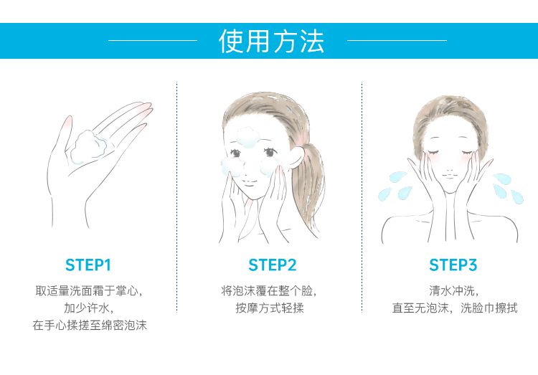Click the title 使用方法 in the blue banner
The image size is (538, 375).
pyautogui.click(x=271, y=41)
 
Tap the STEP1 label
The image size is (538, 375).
pyautogui.click(x=88, y=265)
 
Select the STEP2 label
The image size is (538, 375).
pyautogui.click(x=272, y=265)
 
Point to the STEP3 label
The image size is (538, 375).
pyautogui.click(x=453, y=265)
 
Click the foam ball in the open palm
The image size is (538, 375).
pyautogui.click(x=89, y=146)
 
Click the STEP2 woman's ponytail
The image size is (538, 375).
pyautogui.click(x=311, y=185)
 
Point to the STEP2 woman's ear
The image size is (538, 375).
pyautogui.click(x=297, y=157)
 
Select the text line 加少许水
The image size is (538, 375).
pyautogui.click(x=88, y=308)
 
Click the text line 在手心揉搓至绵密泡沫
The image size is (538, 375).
pyautogui.click(x=90, y=325)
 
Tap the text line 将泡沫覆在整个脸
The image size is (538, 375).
pyautogui.click(x=269, y=290)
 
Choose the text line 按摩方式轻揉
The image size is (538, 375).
pyautogui.click(x=270, y=308)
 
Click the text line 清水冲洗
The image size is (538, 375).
pyautogui.click(x=453, y=290)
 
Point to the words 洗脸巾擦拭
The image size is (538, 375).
pyautogui.click(x=489, y=308)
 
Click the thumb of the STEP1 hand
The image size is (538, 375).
pyautogui.click(x=66, y=132)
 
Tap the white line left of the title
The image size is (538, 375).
pyautogui.click(x=153, y=40)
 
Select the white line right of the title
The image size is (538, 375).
pyautogui.click(x=397, y=40)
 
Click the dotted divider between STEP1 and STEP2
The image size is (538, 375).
pyautogui.click(x=176, y=197)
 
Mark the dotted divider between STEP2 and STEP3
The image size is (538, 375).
pyautogui.click(x=362, y=197)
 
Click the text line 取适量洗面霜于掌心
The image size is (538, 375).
pyautogui.click(x=89, y=290)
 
